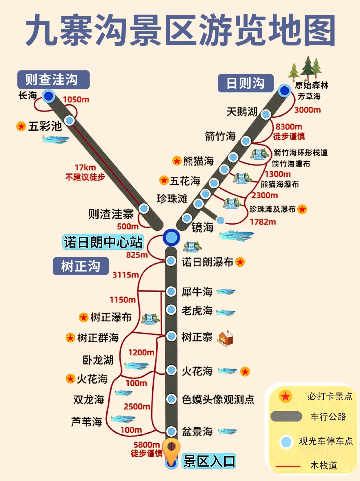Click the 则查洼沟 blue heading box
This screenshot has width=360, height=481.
(53, 80)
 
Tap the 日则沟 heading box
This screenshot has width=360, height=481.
(245, 83)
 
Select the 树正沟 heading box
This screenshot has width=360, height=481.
(81, 266)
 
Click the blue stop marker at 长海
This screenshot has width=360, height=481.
(49, 96)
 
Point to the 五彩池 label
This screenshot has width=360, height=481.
(45, 126)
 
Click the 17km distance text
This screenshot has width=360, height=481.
(85, 167)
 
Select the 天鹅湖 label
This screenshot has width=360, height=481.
(242, 112)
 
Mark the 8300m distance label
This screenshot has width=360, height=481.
(289, 127)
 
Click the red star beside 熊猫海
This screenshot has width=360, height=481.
(177, 161)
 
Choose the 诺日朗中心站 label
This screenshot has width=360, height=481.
(103, 242)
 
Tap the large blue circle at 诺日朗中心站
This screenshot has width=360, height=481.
(171, 237)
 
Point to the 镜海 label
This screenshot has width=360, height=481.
(202, 228)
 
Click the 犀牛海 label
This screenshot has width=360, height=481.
(197, 292)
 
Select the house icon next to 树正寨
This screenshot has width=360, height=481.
(226, 338)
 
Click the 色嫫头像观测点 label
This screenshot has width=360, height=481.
(218, 399)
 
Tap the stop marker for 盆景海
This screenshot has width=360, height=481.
(171, 431)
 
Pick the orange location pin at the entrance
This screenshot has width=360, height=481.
(171, 448)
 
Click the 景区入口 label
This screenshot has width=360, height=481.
(209, 461)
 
